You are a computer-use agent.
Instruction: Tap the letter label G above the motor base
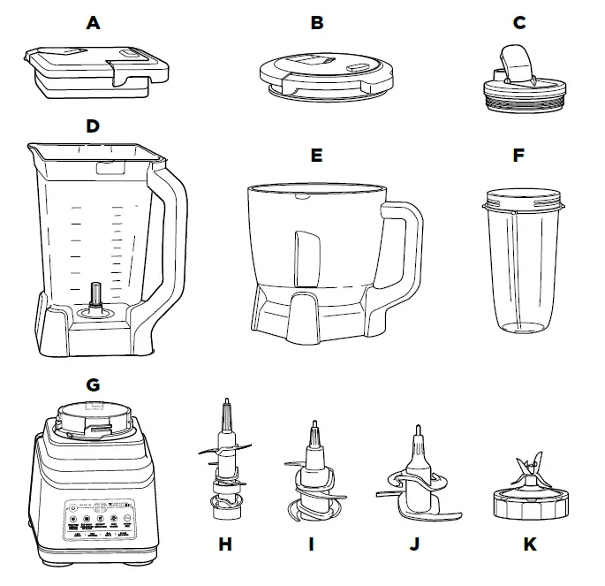pyautogui.click(x=93, y=384)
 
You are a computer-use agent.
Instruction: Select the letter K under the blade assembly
pyautogui.click(x=529, y=544)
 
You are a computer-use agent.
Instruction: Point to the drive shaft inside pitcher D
pyautogui.click(x=95, y=296)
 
